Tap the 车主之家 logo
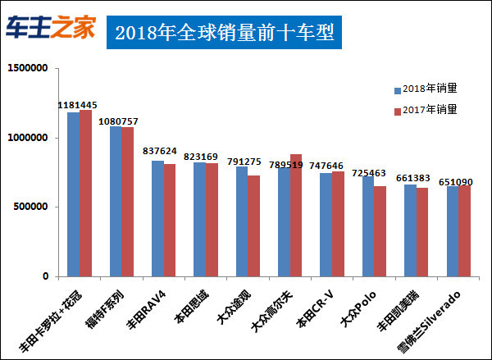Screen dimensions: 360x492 click(51, 29)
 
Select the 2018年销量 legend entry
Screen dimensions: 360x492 click(425, 89)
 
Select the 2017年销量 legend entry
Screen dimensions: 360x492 click(425, 109)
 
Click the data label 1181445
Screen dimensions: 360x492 click(78, 105)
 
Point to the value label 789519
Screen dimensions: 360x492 click(288, 164)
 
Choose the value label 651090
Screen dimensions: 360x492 click(456, 181)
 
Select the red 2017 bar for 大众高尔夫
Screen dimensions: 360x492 click(296, 216)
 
